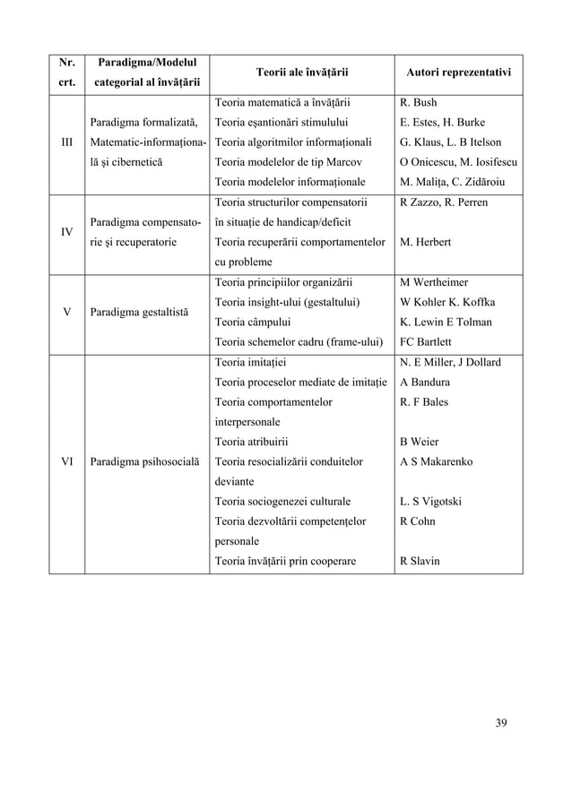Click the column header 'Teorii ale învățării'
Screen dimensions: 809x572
(x=301, y=71)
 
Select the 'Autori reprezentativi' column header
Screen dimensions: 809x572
(x=458, y=71)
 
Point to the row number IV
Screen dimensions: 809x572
(x=66, y=231)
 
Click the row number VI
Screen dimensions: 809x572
(x=66, y=461)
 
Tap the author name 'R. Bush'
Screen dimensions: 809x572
(x=418, y=103)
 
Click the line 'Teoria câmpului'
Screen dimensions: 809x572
(x=254, y=322)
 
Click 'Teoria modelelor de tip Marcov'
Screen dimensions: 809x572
(x=288, y=162)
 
